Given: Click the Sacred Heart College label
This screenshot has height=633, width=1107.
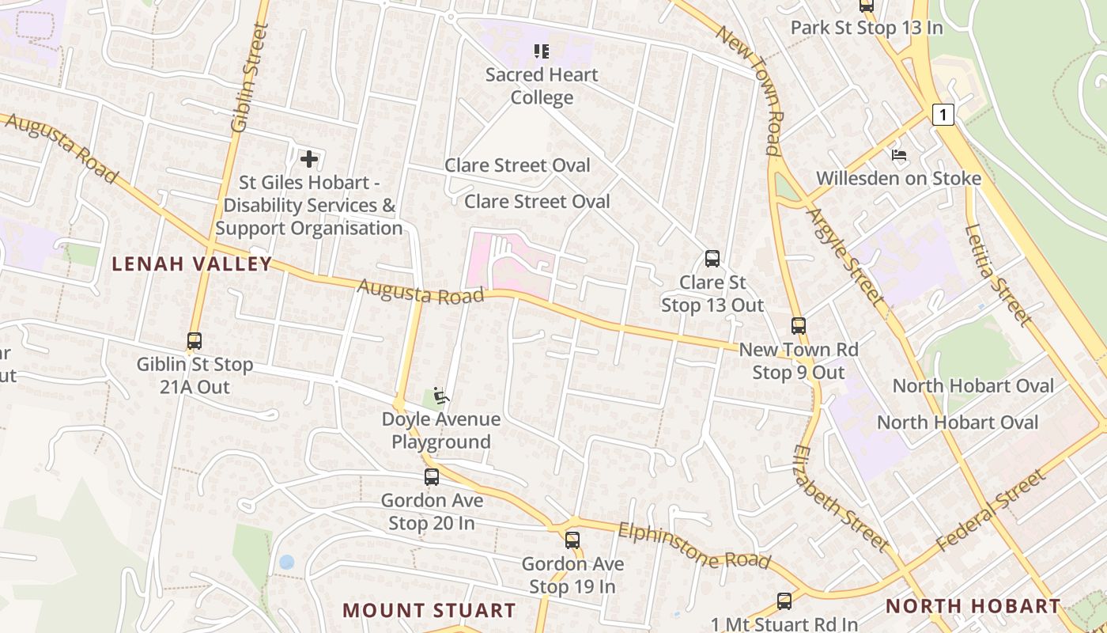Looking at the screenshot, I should point(542,85).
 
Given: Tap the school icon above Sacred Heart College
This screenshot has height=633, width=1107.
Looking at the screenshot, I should point(542,52).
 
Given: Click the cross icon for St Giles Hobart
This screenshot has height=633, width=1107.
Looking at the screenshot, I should point(308,159).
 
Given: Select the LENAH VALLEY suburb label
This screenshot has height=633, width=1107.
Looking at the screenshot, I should point(191,263).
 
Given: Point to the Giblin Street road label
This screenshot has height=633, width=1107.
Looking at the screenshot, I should point(250,78).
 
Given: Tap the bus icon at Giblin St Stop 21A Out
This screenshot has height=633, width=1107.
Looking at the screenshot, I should point(195,341).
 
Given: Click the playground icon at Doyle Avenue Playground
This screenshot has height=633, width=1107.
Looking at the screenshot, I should point(441,395).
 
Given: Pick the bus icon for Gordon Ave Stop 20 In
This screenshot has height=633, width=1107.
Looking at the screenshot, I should point(432,477).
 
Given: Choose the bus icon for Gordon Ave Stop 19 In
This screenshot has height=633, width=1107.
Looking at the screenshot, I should point(572,540).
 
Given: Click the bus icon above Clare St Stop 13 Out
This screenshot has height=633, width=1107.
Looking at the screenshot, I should point(712,259).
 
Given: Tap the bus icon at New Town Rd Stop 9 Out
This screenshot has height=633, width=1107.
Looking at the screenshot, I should point(799,326).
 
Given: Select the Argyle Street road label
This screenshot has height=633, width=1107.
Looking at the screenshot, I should point(844,255).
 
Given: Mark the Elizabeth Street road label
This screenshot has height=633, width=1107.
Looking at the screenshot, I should point(841,497).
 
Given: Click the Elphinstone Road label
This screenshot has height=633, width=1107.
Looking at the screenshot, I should point(694,546).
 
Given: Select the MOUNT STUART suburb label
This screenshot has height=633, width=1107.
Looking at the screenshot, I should point(429,610).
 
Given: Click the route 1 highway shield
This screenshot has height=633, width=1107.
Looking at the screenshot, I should point(943,115).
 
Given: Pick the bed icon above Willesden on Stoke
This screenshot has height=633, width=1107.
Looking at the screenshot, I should point(898,154).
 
